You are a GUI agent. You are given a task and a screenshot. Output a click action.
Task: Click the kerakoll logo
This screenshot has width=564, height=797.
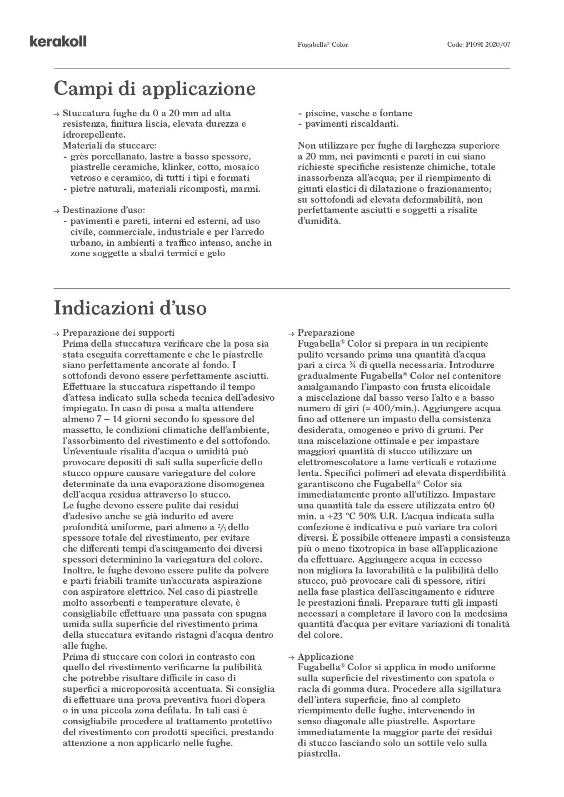point(58,42)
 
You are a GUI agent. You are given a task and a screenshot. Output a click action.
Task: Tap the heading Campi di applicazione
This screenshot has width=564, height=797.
point(155,88)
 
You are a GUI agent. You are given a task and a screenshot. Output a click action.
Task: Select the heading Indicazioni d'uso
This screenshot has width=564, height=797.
point(130,308)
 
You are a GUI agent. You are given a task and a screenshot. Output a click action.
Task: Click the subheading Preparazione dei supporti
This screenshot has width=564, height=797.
point(118,333)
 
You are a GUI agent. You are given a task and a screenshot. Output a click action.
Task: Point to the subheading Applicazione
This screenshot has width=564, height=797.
point(325,657)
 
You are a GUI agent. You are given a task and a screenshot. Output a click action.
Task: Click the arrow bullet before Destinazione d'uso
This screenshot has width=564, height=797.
point(56,211)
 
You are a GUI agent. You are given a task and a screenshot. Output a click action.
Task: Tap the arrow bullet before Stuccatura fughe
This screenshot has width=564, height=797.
point(56,114)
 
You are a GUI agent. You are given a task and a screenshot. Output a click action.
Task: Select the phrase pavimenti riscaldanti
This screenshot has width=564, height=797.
point(352,124)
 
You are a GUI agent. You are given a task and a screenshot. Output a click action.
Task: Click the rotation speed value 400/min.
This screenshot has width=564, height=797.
point(389,408)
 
